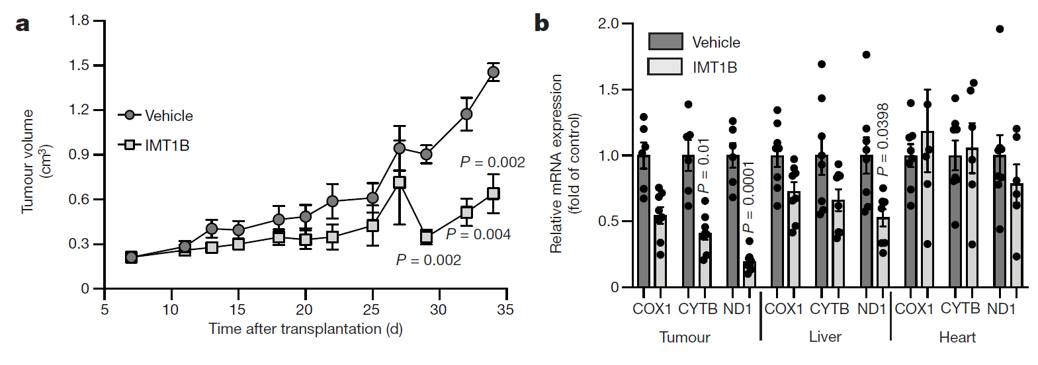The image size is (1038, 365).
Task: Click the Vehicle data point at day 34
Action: [493, 72]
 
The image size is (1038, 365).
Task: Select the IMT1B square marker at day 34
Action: [493, 194]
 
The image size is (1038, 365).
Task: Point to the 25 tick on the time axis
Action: [371, 309]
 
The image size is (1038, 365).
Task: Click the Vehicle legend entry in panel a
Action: [156, 116]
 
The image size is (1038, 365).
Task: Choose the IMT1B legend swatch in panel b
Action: [665, 67]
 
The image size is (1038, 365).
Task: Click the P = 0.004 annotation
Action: [478, 234]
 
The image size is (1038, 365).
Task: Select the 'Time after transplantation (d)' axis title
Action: [305, 329]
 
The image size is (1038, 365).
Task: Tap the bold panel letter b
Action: [541, 24]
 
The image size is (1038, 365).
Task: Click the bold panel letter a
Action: [22, 24]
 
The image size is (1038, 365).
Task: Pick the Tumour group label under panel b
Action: [685, 337]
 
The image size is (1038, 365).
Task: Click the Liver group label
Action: [825, 337]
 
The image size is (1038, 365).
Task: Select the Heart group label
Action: [957, 337]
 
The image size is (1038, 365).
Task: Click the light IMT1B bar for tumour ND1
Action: [749, 274]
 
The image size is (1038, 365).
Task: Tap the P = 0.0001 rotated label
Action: [748, 197]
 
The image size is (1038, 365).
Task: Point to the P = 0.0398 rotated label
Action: [883, 140]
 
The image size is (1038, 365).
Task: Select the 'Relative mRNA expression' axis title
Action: [556, 163]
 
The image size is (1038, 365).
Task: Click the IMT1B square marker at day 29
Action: [426, 237]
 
